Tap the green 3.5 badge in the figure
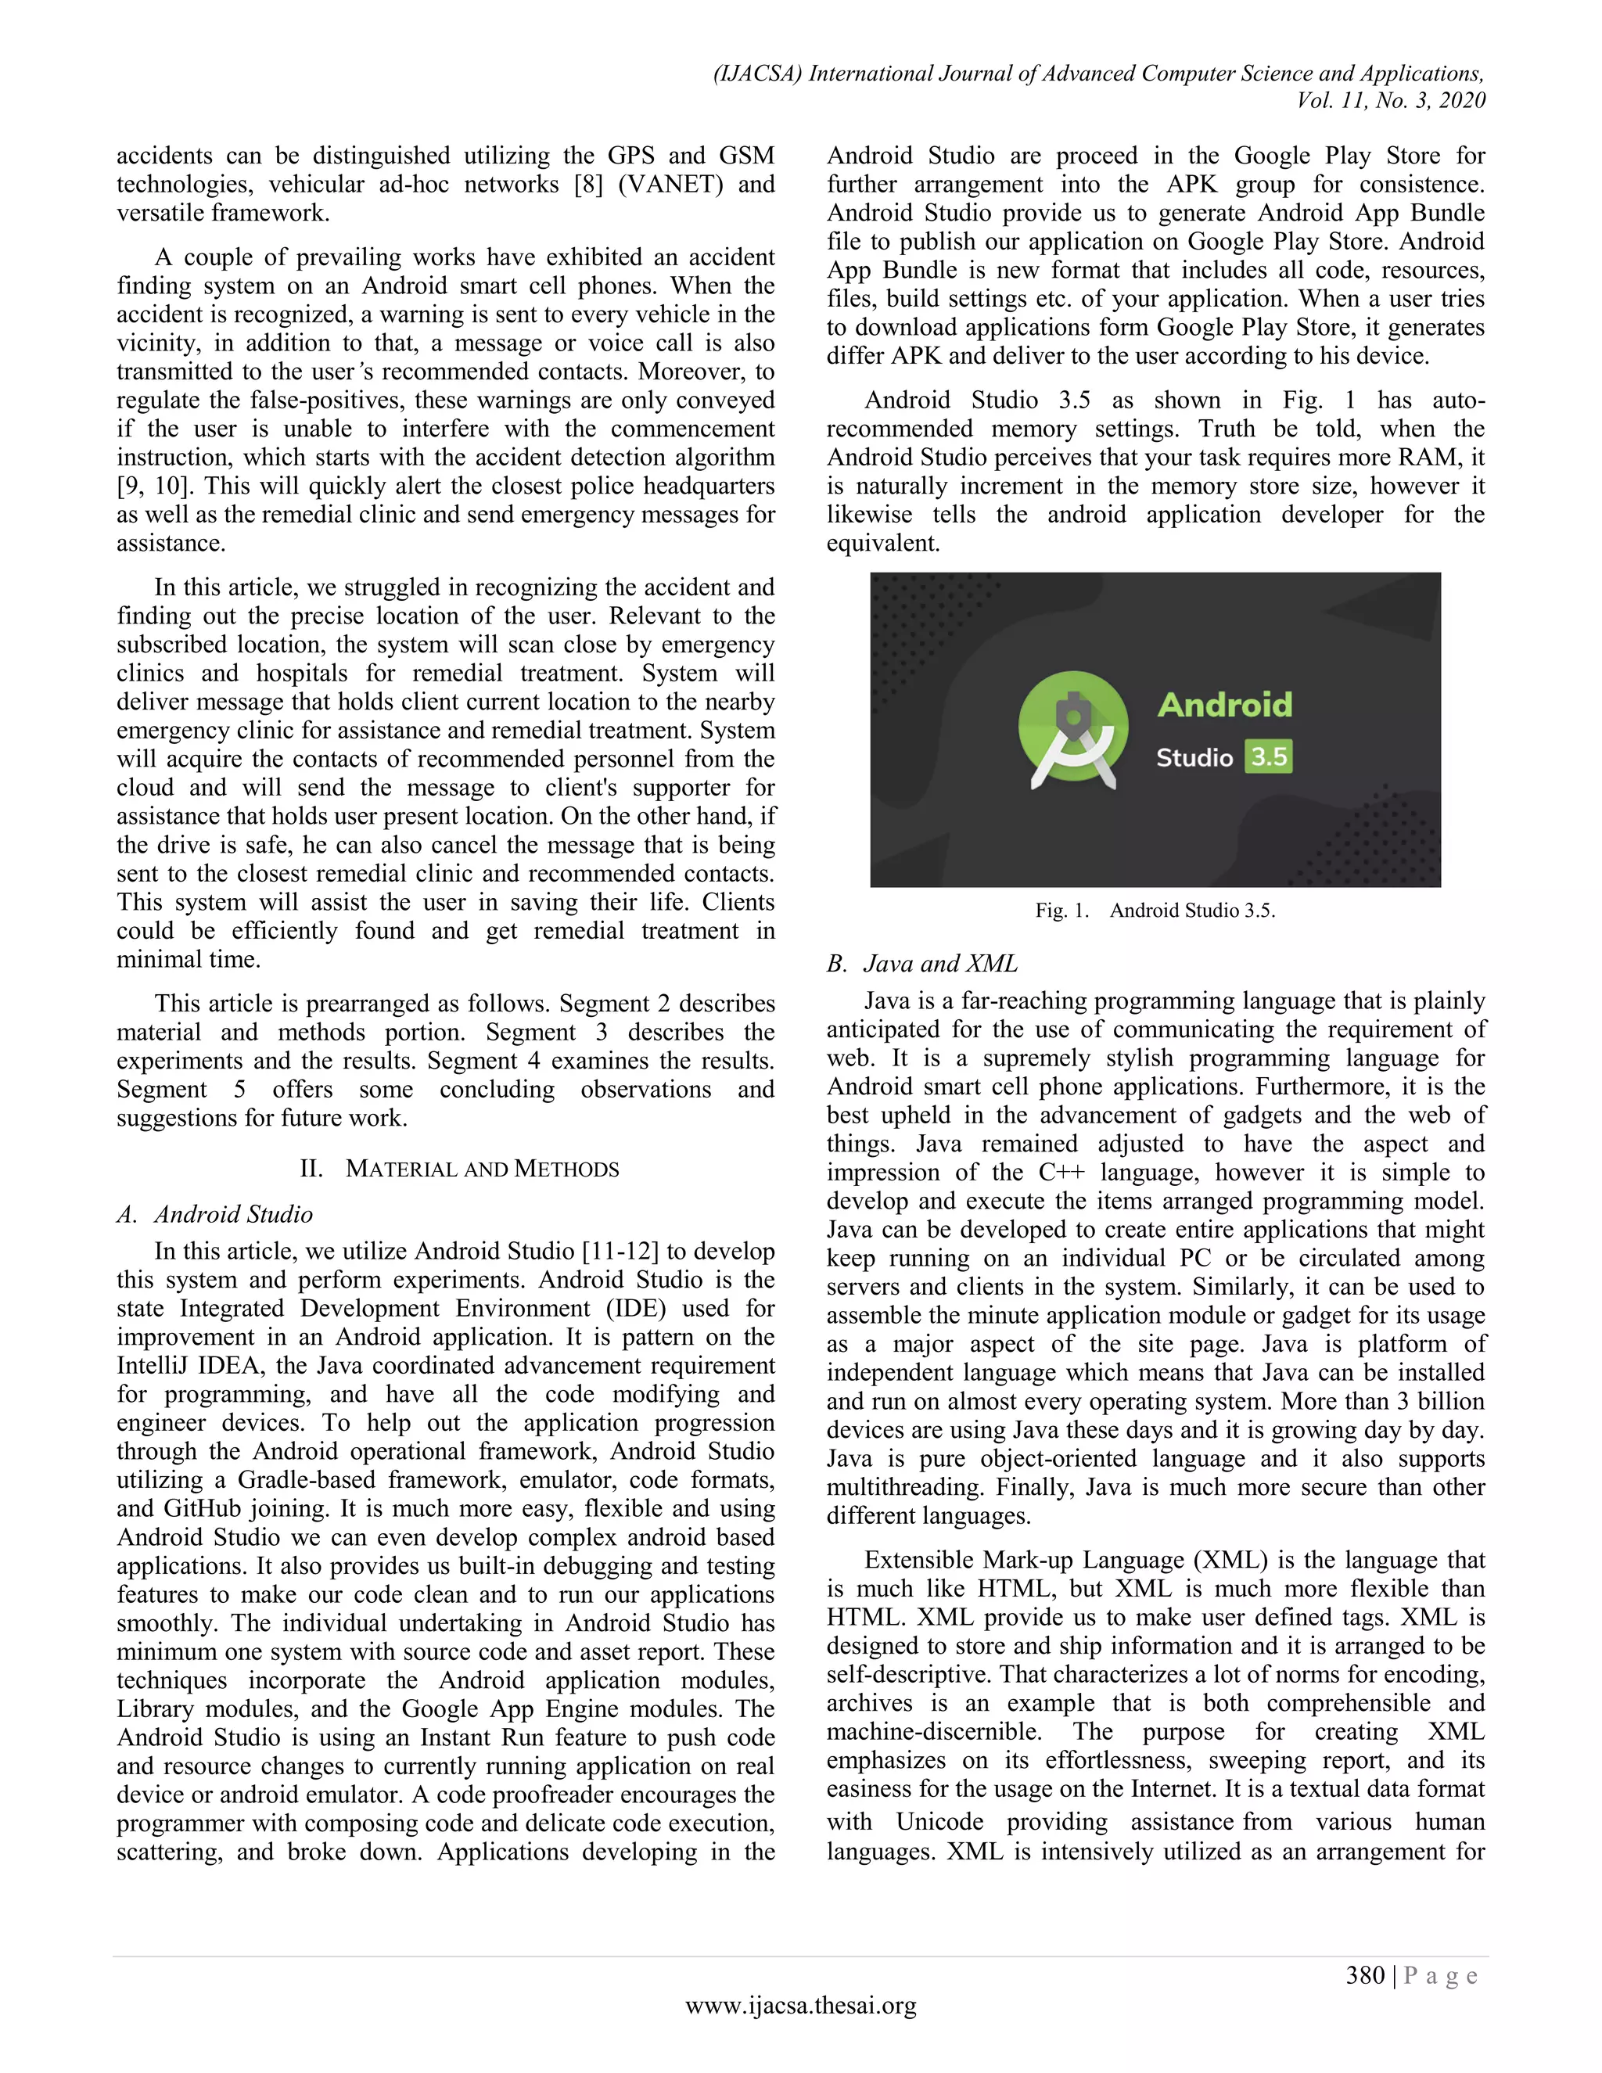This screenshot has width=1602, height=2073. pos(1269,756)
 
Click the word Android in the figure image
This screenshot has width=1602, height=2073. pos(1224,704)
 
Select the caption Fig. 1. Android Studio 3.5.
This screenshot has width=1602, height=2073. pos(1155,911)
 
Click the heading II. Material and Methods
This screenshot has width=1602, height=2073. pos(459,1169)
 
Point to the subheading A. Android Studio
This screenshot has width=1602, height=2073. pos(214,1214)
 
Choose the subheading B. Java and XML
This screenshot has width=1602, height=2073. pos(921,964)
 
